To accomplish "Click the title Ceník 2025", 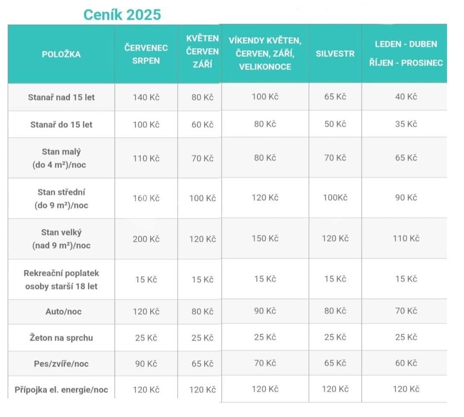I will click(122, 14).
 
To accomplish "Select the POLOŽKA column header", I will click(61, 54).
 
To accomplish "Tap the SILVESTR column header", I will click(335, 54).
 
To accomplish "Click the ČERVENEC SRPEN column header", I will click(146, 54).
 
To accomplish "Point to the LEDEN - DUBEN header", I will click(406, 44).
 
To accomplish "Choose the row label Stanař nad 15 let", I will click(61, 97).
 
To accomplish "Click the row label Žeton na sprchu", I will click(61, 338).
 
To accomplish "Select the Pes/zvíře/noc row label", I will click(61, 363).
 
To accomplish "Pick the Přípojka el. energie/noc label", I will click(61, 390).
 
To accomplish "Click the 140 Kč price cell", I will click(146, 97).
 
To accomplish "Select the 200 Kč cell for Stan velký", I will click(146, 239).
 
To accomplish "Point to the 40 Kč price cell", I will click(406, 97).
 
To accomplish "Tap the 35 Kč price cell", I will click(406, 124).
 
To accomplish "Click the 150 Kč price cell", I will click(265, 238).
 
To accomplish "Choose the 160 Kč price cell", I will click(146, 198).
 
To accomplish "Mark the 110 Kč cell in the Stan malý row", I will click(146, 158).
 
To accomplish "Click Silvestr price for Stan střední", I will click(335, 198).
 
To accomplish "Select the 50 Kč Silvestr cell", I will click(335, 124).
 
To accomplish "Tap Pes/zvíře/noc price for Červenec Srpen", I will click(146, 363).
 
